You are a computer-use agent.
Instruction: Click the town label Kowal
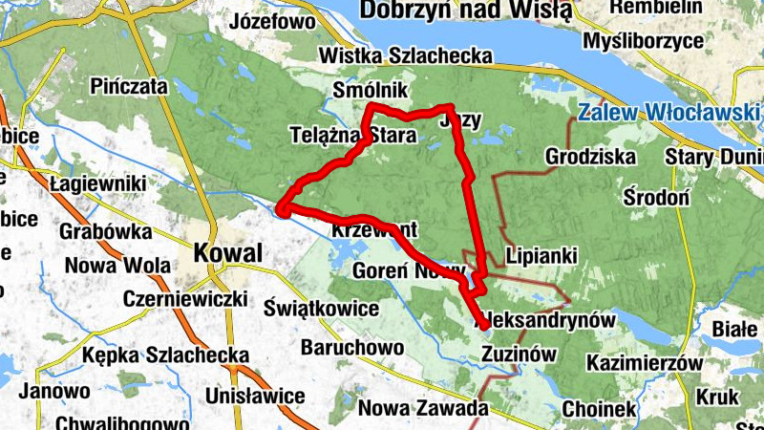point(228,253)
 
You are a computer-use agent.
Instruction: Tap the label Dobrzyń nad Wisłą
point(465,11)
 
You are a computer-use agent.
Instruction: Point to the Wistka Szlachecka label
point(406,57)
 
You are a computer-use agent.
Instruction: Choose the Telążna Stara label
point(351,136)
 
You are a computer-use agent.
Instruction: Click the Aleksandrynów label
point(549,320)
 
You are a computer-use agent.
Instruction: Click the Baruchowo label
point(352,348)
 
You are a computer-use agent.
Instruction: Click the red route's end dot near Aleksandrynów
point(485,325)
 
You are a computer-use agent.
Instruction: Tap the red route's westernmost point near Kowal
point(282,209)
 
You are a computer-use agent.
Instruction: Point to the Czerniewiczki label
point(185,298)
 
